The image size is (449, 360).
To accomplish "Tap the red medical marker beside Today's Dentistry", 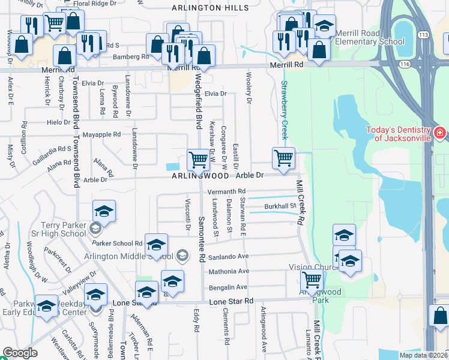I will (440, 132).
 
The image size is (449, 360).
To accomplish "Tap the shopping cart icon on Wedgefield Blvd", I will (198, 160).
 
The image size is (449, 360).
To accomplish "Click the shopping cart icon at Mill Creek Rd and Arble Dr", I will (283, 158).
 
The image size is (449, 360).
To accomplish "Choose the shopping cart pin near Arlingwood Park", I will (312, 280).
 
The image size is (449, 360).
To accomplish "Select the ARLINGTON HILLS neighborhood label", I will (209, 8).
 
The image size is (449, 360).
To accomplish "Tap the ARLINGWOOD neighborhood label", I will (200, 176).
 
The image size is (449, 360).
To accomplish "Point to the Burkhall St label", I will (281, 207).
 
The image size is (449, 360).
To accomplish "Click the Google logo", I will (20, 353).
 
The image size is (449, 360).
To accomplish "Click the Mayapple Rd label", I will (101, 134).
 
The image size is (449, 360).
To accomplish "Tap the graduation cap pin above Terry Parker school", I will (104, 211).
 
